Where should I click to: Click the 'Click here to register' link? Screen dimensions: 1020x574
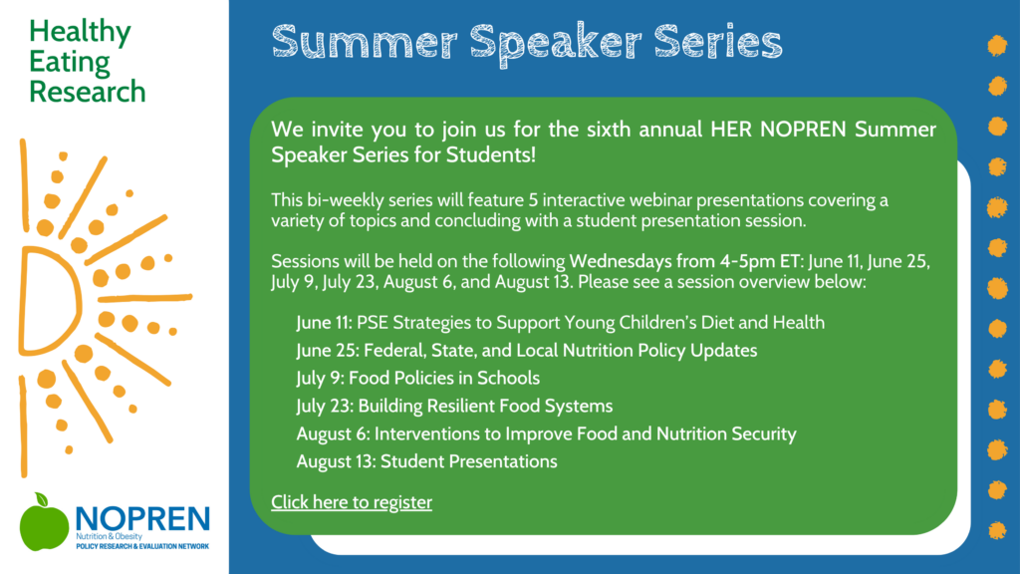(x=352, y=502)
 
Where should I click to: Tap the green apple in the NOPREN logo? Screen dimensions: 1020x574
(x=44, y=524)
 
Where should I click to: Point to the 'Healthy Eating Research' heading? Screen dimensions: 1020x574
(x=88, y=61)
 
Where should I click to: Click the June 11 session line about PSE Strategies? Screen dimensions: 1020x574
(x=560, y=323)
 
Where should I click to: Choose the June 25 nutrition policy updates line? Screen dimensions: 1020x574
(x=526, y=351)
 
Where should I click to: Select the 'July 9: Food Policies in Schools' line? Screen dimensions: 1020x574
(x=417, y=378)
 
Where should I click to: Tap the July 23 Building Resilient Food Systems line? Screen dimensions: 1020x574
(x=454, y=407)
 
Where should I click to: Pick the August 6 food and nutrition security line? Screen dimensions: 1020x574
(x=546, y=434)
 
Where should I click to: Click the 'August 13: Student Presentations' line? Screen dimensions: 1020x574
(x=426, y=461)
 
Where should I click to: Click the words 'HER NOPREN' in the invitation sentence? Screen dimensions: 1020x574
(x=778, y=130)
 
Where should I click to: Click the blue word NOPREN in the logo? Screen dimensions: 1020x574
(x=143, y=518)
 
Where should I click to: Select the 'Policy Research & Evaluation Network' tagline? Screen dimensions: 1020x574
(x=142, y=547)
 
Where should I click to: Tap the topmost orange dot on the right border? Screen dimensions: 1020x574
(x=997, y=46)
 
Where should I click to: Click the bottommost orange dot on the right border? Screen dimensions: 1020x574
(x=997, y=531)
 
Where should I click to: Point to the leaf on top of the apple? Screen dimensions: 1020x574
(x=42, y=498)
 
